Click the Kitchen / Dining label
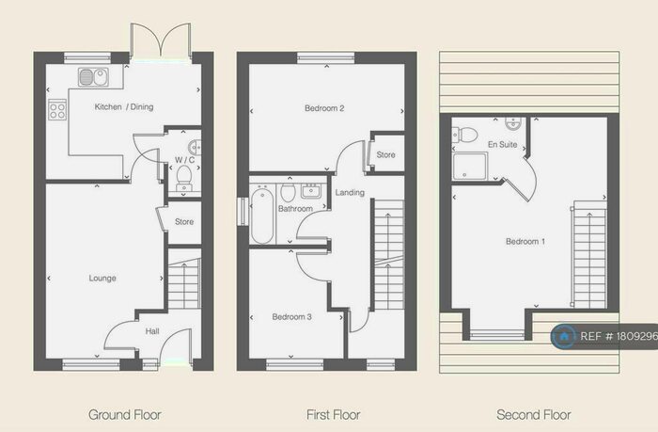click(x=123, y=107)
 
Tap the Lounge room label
click(x=102, y=278)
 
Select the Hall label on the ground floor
click(x=152, y=330)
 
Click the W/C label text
click(x=183, y=159)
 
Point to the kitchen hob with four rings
click(x=56, y=111)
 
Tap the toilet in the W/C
click(x=184, y=174)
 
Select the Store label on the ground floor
click(x=184, y=222)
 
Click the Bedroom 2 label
click(x=323, y=108)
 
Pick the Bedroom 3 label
click(x=290, y=317)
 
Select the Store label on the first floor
click(x=385, y=154)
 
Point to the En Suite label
click(x=500, y=145)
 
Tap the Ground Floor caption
click(x=125, y=414)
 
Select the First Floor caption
click(x=334, y=414)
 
